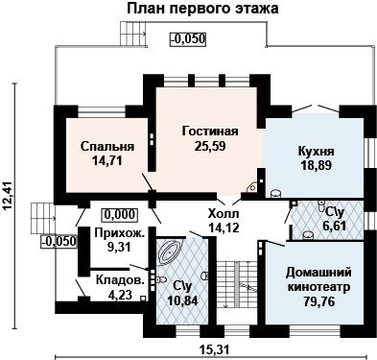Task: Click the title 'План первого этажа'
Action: pos(202,9)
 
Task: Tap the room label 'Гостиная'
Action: pos(210,131)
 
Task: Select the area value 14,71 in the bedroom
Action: pos(106,160)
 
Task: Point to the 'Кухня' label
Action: pos(316,151)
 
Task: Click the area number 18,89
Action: pos(316,165)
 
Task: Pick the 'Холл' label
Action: pos(224,213)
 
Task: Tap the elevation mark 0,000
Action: pos(120,214)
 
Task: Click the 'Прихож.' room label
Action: pos(120,233)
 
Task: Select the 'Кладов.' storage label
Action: pos(120,280)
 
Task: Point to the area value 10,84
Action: pos(182,300)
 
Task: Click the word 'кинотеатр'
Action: pos(319,287)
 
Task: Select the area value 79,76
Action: pos(319,301)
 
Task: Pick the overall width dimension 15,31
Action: pos(215,349)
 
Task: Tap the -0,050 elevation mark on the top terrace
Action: pos(187,38)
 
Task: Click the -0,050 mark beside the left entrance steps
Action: pos(59,241)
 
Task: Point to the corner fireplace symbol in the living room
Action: pos(251,187)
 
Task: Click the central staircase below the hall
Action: pos(236,284)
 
